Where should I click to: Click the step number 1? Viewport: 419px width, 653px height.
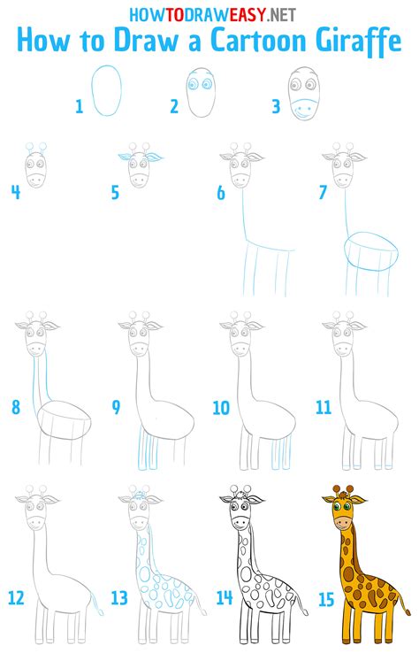(80, 107)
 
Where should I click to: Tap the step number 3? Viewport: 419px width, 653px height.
(276, 107)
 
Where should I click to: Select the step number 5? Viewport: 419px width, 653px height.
(115, 192)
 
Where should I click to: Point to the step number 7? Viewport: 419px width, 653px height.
(323, 192)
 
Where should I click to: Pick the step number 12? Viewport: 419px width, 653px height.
(15, 598)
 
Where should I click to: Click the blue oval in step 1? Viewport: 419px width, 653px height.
(109, 91)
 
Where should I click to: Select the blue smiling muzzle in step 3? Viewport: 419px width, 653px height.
(303, 111)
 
